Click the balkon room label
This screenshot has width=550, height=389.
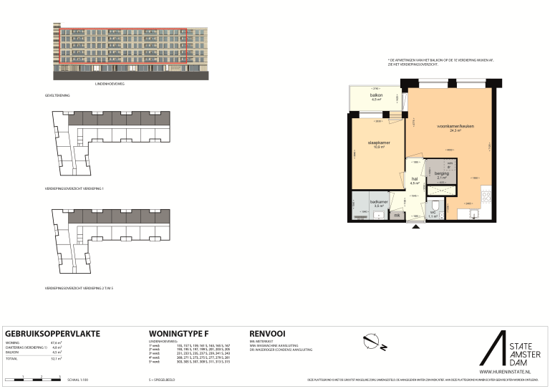(x=376, y=97)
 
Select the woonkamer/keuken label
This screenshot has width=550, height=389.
(x=455, y=129)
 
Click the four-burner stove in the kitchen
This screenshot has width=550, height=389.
(x=486, y=194)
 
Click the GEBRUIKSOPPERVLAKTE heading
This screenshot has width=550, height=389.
(x=52, y=334)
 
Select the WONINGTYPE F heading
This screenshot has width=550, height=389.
(x=178, y=334)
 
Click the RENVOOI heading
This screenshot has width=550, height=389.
(x=268, y=334)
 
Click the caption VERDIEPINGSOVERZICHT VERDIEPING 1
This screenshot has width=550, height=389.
(x=74, y=189)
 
